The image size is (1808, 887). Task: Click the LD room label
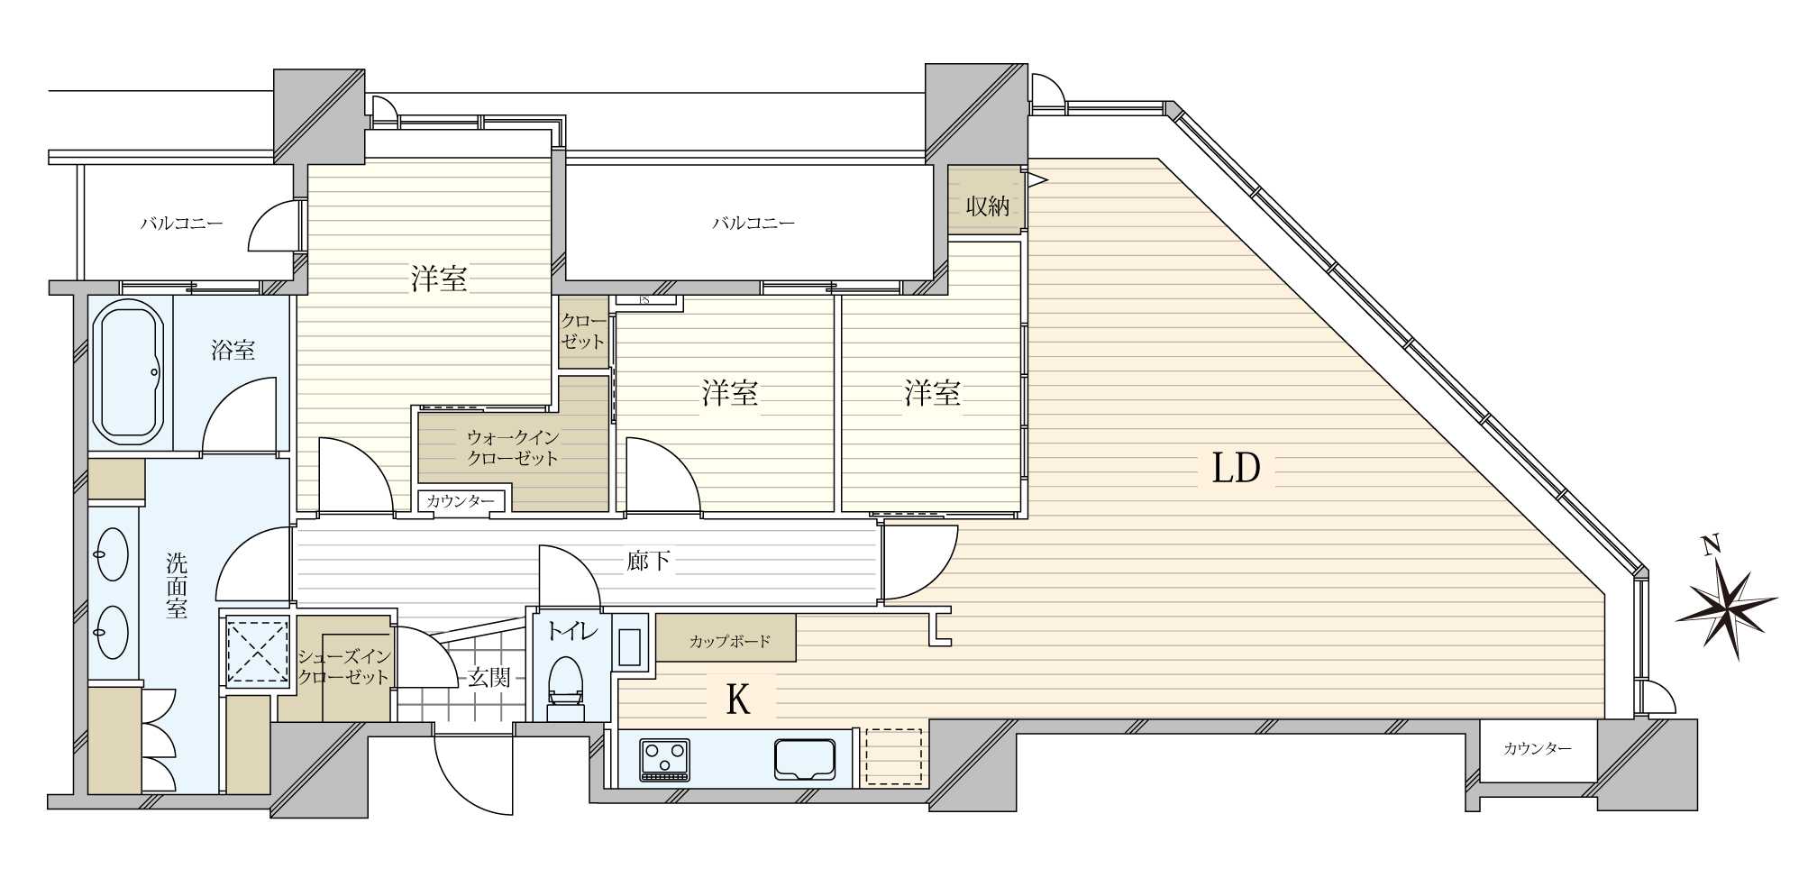[1237, 469]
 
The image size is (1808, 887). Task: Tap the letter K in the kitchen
[738, 700]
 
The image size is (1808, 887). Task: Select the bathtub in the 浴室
[128, 371]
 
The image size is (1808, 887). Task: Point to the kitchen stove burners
[664, 759]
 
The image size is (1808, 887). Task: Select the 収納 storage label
[987, 206]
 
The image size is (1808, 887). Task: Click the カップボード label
[730, 642]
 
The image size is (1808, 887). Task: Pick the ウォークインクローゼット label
[513, 448]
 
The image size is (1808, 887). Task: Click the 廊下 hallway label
[649, 562]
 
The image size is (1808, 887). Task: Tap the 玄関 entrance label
[489, 678]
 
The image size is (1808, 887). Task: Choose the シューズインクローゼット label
[343, 667]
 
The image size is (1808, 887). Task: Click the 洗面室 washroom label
[177, 586]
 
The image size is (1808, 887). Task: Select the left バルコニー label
[181, 223]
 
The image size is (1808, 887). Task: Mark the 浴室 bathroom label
[233, 351]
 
